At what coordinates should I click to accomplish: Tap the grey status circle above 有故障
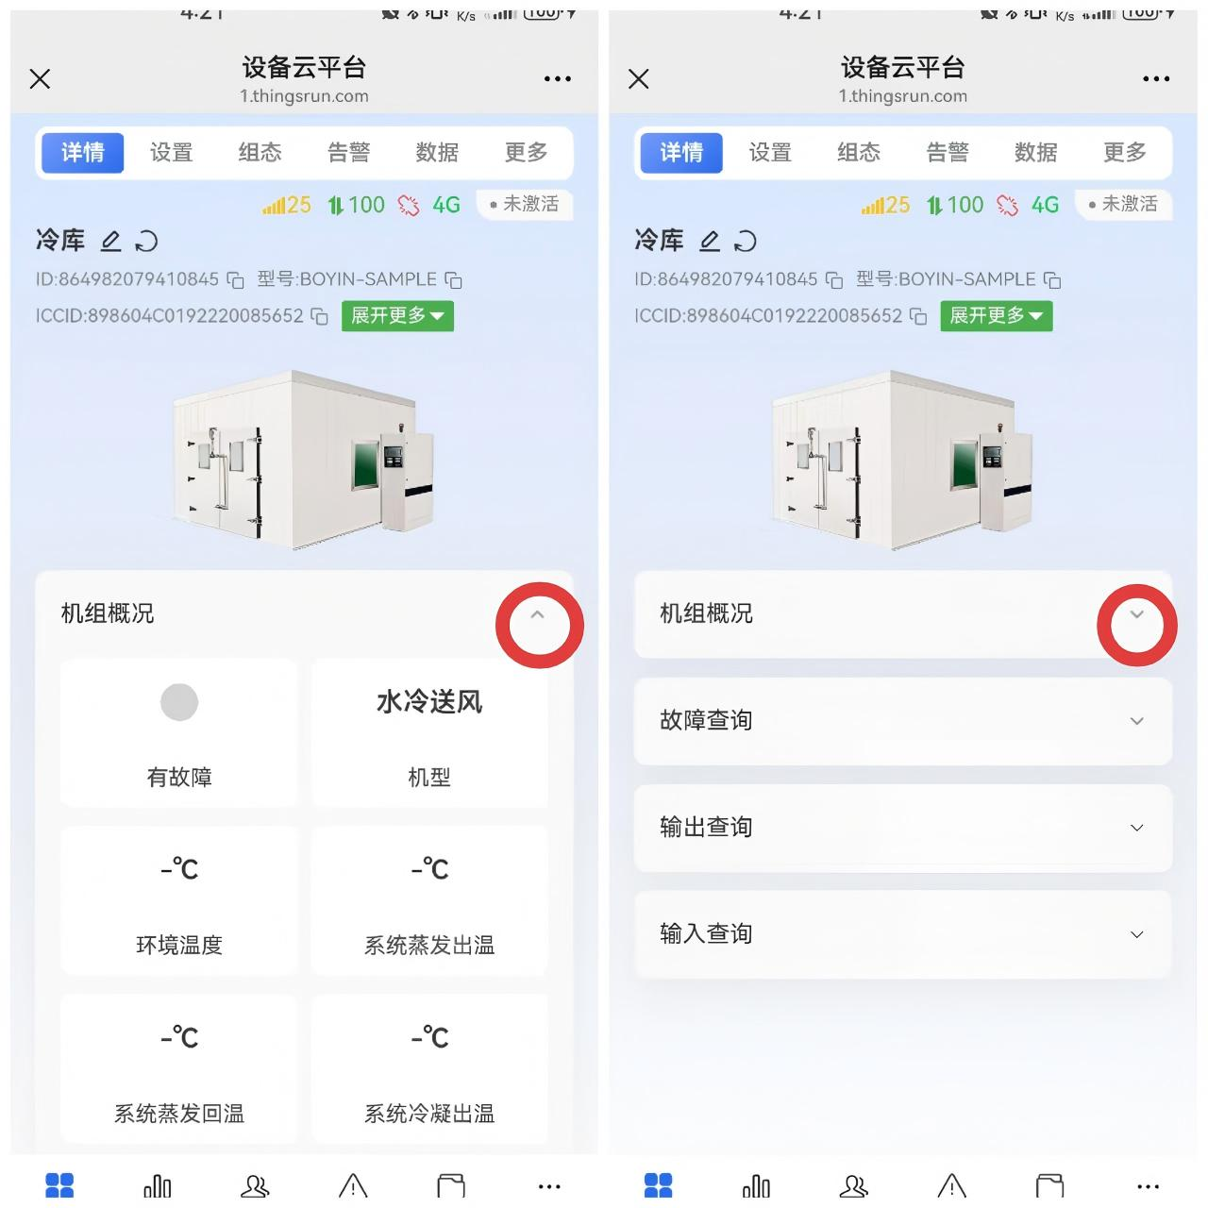179,702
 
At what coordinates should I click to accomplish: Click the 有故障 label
179,778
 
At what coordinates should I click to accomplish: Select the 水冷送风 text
429,702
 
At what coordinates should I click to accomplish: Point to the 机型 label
429,778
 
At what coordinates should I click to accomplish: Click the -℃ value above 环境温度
179,869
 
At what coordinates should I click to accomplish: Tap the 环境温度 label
179,946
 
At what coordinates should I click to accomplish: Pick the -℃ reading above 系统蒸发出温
429,869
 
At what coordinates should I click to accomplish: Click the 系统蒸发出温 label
429,946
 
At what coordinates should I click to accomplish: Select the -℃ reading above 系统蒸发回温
179,1037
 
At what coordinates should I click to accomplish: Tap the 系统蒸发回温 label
179,1114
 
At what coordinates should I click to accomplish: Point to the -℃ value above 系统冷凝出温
429,1037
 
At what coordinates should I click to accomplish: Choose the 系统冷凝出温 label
429,1114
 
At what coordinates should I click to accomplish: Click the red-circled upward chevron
538,615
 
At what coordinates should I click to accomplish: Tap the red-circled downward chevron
1137,615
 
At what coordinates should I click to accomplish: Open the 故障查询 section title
706,721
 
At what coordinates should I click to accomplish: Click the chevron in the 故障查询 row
1137,722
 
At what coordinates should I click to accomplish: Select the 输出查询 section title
706,828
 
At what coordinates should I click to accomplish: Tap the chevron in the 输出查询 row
1137,829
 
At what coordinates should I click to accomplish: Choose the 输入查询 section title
706,934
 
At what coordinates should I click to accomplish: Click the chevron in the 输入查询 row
1137,935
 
